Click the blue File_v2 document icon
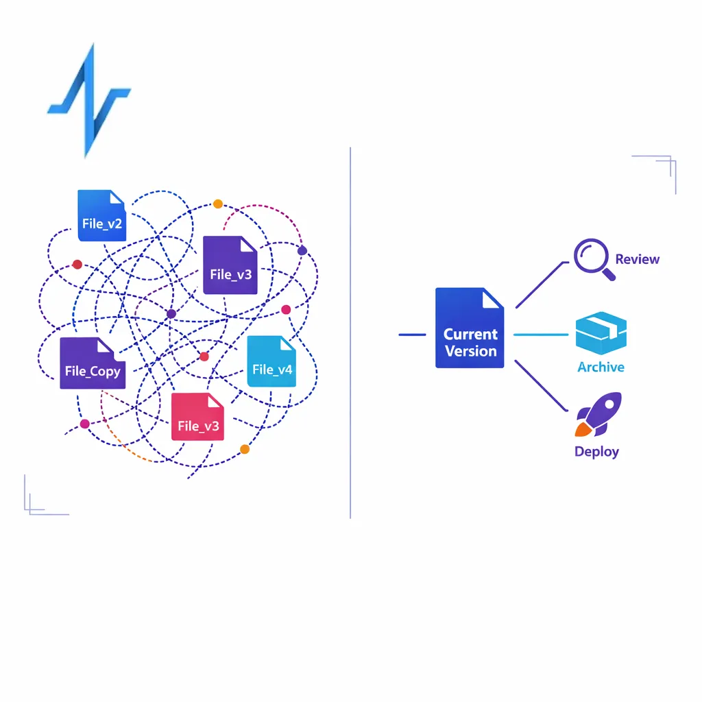pos(101,215)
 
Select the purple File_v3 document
pos(230,265)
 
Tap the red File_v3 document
pos(197,417)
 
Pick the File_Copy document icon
pos(93,363)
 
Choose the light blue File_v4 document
pos(271,361)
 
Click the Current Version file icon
pos(470,328)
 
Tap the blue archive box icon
pos(601,333)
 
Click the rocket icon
pos(598,415)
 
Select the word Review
pos(637,259)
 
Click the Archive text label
pos(601,367)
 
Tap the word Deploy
pos(597,452)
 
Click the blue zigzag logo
pos(90,101)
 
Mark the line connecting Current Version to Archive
pos(541,335)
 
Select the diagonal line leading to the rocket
pos(541,385)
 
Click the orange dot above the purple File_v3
pos(218,204)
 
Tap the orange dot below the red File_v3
pos(245,449)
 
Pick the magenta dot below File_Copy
pos(84,424)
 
